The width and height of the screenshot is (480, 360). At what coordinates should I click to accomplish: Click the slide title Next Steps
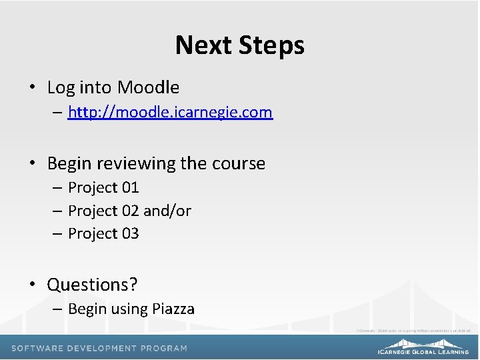239,45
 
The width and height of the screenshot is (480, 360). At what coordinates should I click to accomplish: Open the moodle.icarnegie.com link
170,112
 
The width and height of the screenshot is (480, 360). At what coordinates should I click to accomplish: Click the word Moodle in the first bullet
148,87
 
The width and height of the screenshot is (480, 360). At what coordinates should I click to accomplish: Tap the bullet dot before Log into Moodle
32,88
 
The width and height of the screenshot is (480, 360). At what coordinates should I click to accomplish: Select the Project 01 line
103,188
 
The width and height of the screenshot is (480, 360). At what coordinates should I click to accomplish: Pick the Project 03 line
103,233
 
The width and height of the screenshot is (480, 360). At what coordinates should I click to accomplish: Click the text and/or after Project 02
167,211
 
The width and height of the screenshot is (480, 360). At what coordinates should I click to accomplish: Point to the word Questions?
92,285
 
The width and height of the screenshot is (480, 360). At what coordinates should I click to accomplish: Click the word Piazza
173,309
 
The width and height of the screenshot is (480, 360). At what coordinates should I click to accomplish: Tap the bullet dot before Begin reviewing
32,164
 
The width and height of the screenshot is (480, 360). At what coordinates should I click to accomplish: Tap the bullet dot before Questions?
32,285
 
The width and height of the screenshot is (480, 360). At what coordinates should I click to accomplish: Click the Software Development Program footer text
99,348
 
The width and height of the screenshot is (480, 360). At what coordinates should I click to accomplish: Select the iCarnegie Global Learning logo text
423,351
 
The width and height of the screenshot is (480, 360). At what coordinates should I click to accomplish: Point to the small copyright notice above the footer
413,330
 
